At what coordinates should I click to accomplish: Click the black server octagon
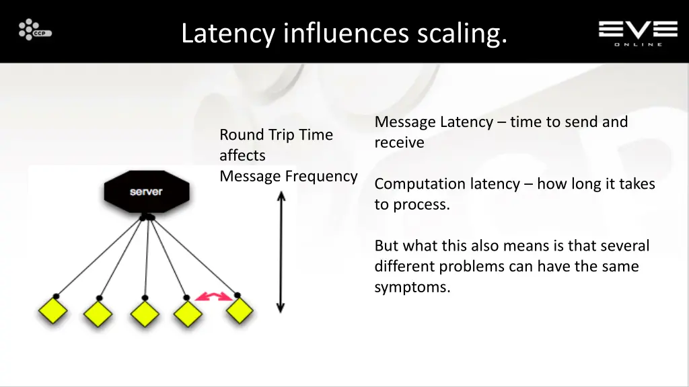coord(146,191)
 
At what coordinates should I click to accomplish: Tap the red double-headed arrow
coord(213,296)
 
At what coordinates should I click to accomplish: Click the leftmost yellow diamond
coord(52,312)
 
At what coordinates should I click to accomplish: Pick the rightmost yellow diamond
coord(239,311)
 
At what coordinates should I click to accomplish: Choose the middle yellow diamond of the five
coord(144,313)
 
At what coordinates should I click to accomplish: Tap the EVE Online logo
coord(637,32)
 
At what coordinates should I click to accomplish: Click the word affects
coord(242,155)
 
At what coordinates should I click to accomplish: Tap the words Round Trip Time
coord(276,134)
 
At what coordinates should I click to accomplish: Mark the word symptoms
coord(412,288)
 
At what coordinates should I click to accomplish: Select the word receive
coord(399,142)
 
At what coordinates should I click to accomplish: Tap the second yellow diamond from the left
coord(98,313)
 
